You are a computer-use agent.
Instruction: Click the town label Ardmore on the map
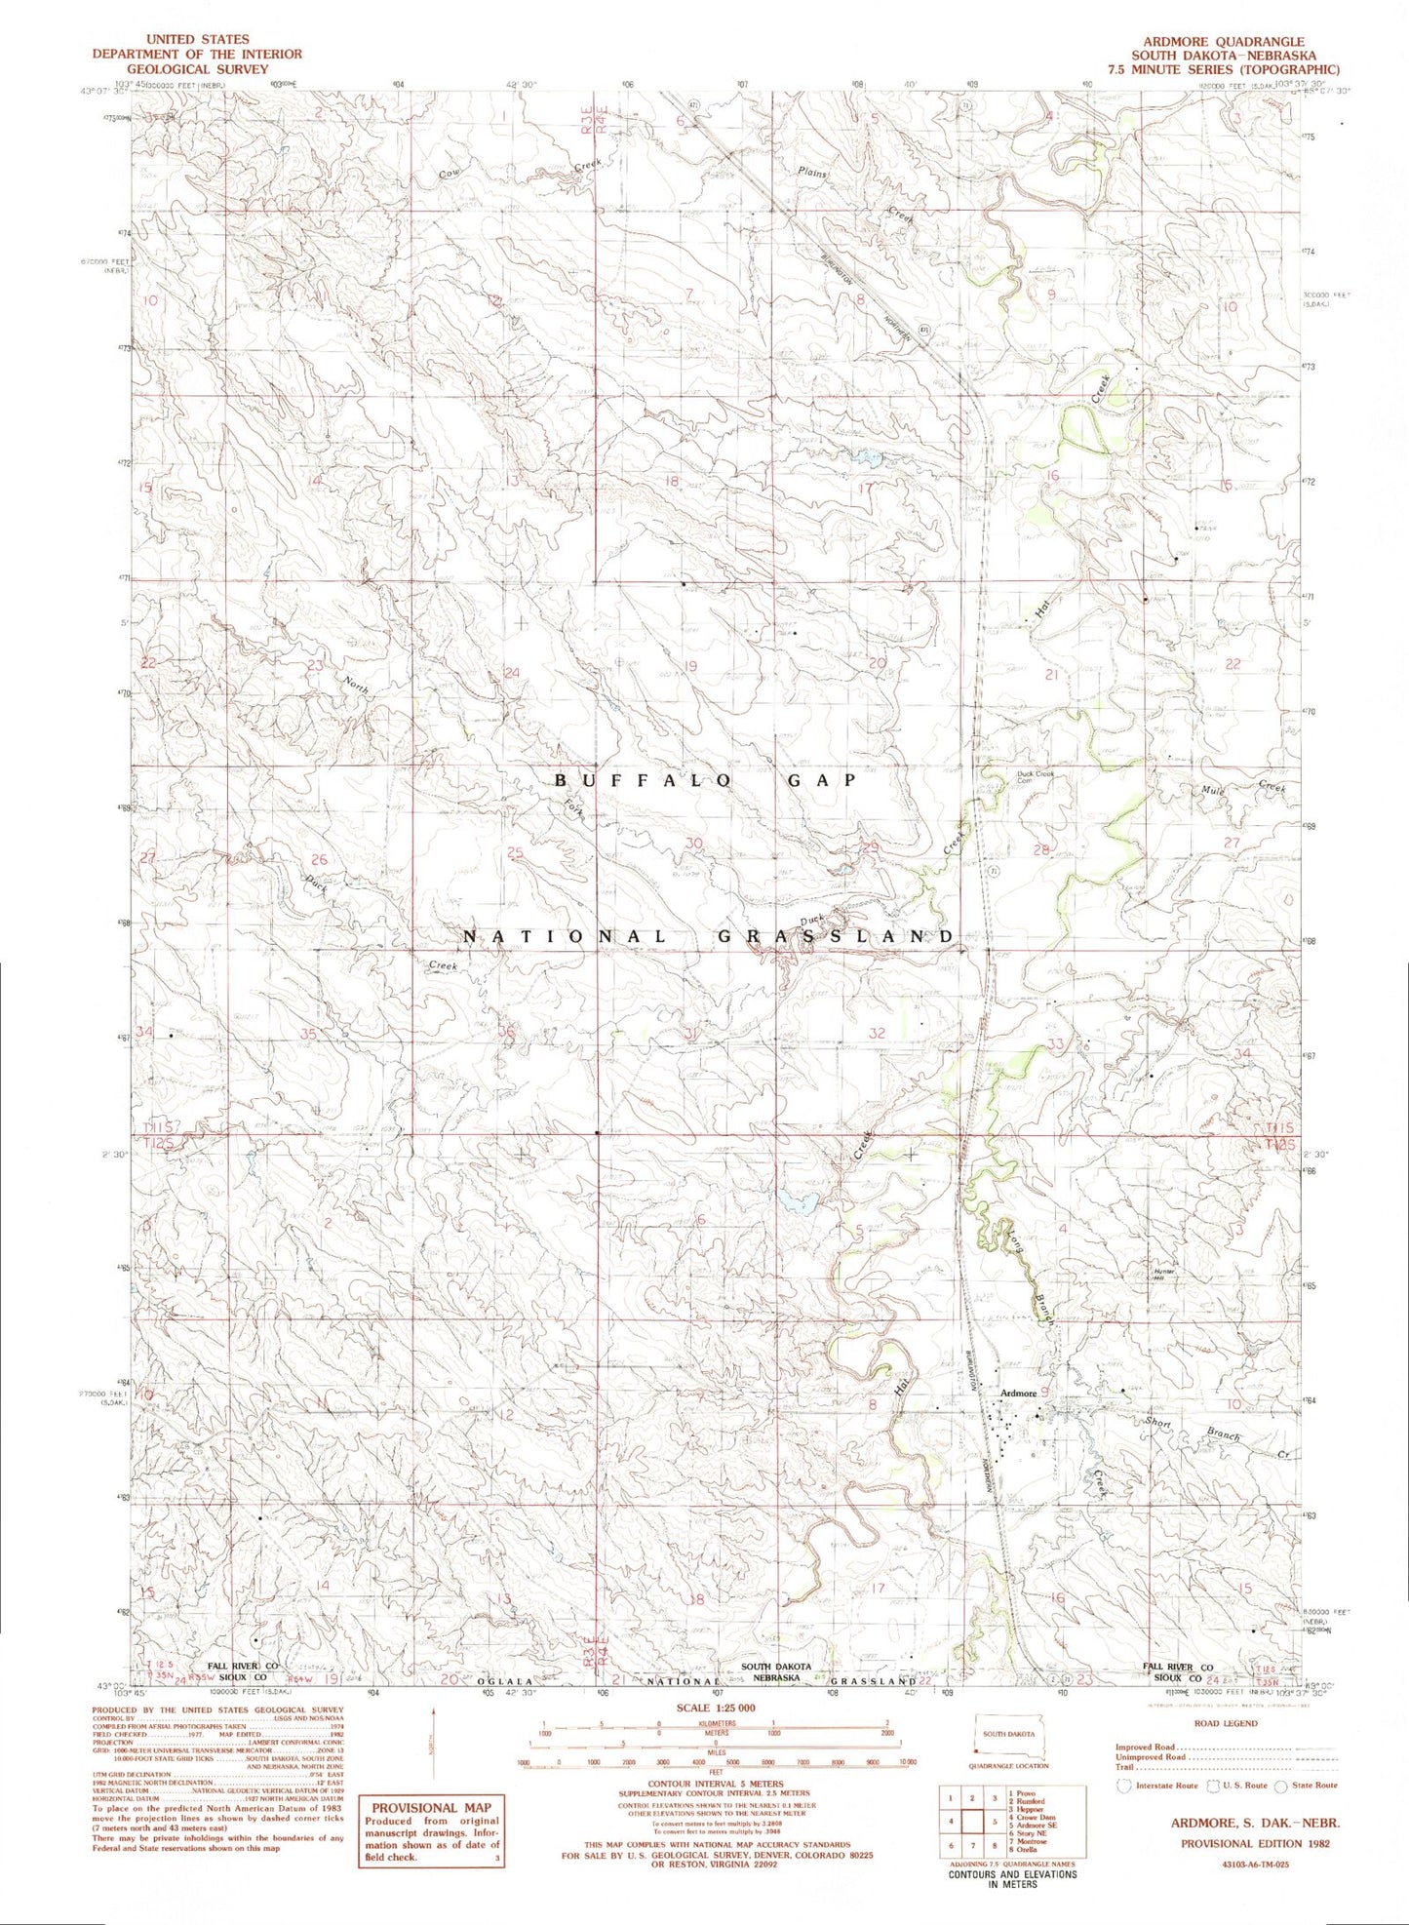pyautogui.click(x=1017, y=1394)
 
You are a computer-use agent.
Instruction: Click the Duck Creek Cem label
pyautogui.click(x=1037, y=777)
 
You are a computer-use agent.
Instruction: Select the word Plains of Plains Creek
pyautogui.click(x=811, y=174)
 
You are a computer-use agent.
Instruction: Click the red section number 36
pyautogui.click(x=506, y=1034)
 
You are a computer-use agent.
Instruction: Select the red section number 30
pyautogui.click(x=694, y=844)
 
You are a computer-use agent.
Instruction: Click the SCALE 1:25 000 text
pyautogui.click(x=716, y=1709)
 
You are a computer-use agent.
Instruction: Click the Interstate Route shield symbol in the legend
pyautogui.click(x=1124, y=1785)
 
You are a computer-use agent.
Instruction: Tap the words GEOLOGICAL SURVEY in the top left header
pyautogui.click(x=197, y=69)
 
